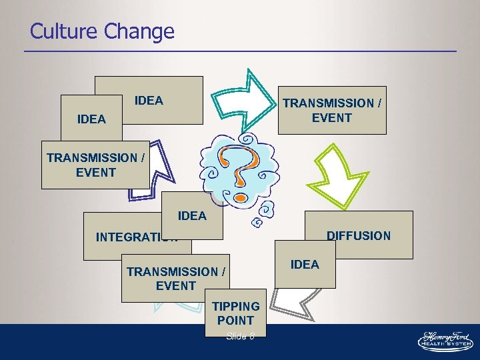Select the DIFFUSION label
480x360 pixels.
358,235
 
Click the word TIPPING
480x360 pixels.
236,307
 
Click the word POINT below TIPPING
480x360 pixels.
235,321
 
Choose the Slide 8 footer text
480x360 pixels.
240,336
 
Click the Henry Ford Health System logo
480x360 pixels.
445,340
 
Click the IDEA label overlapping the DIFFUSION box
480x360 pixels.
305,265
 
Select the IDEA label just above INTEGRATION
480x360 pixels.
192,216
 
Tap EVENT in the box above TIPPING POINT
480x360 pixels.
176,286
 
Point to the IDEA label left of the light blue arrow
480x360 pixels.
149,101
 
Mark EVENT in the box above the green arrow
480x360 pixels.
331,118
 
